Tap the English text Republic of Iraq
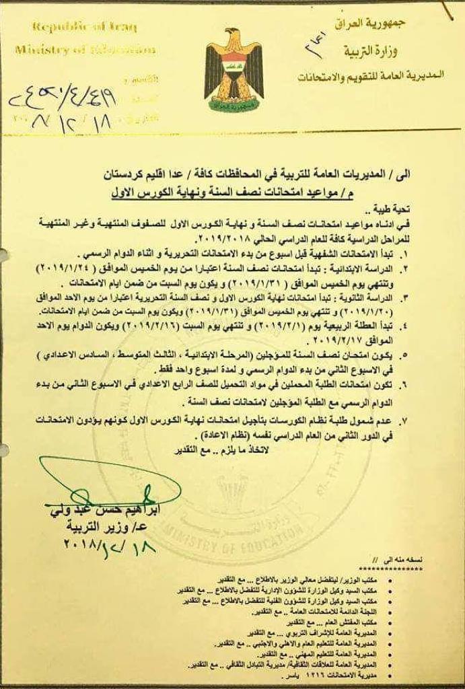click(x=84, y=28)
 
